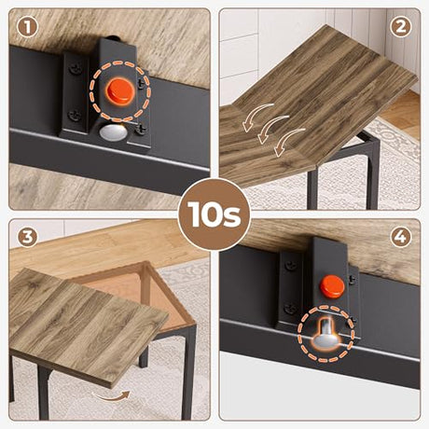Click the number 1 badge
click(28, 28)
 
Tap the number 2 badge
click(401, 27)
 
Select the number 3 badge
click(28, 238)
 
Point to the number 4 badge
click(401, 237)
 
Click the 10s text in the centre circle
click(214, 214)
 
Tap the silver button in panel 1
click(114, 132)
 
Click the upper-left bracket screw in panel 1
click(75, 69)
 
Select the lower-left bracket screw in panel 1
click(75, 116)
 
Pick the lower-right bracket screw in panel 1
click(142, 130)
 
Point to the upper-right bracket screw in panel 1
click(142, 83)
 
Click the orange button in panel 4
click(332, 286)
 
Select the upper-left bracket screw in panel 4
click(291, 266)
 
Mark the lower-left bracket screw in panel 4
click(290, 309)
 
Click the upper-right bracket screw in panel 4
click(353, 280)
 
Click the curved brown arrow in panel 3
click(112, 396)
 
